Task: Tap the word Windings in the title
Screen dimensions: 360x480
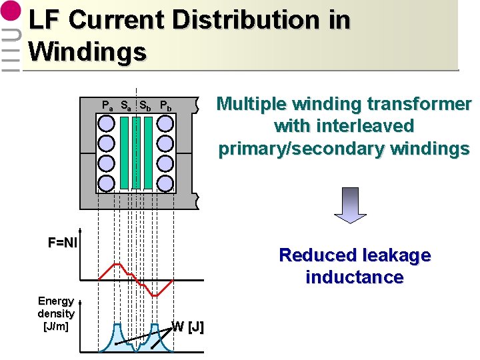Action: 87,51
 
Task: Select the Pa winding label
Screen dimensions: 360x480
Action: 107,105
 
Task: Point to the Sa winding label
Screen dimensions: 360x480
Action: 125,105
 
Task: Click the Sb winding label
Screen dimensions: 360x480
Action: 145,105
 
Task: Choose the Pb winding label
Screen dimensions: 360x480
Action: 165,105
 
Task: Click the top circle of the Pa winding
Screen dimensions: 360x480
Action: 106,123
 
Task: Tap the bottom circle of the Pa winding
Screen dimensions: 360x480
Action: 106,183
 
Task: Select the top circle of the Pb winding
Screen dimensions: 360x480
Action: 165,123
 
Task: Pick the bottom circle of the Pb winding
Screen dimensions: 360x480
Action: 165,183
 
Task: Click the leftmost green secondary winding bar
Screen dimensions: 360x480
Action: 125,153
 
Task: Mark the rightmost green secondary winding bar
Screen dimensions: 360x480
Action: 148,153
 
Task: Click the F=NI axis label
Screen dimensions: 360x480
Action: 63,243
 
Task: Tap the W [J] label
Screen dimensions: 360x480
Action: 188,327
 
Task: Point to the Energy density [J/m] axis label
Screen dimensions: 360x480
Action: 56,313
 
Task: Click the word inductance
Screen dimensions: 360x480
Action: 354,277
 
